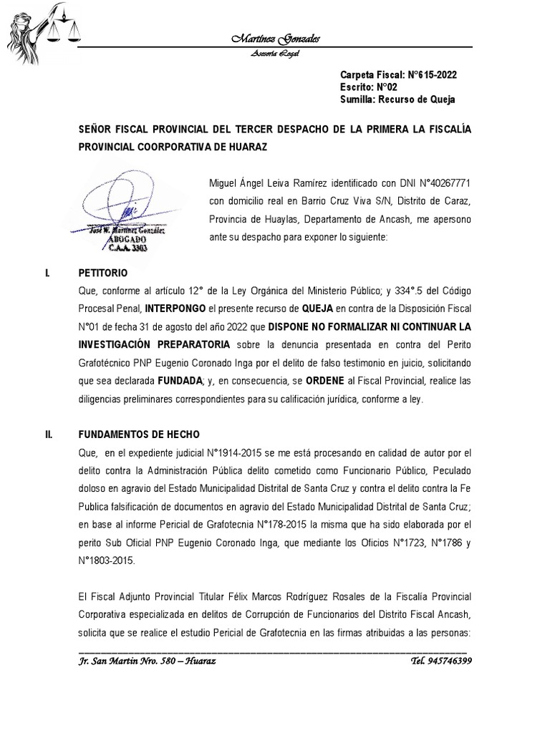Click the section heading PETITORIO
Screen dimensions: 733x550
tap(102, 273)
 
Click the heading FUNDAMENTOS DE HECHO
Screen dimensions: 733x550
tap(139, 435)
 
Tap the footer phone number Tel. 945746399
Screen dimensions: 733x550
tap(441, 661)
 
